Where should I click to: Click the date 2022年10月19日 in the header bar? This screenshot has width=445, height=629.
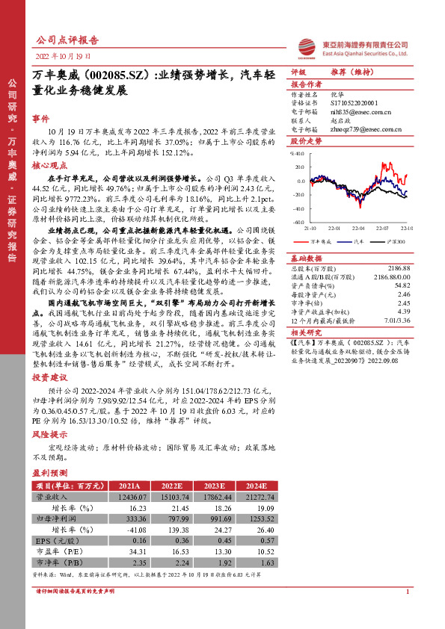tap(63, 57)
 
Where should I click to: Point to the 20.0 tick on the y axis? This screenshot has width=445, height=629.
tap(298, 167)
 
